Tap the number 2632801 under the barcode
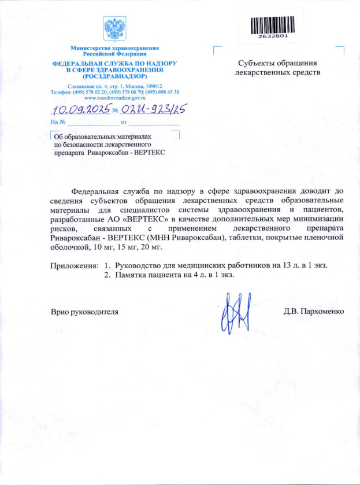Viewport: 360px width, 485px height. click(273, 35)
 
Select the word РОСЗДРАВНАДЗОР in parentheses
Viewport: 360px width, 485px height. click(114, 76)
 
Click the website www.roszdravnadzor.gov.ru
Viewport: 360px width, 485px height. click(114, 98)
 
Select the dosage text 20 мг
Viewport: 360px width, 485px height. click(155, 247)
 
